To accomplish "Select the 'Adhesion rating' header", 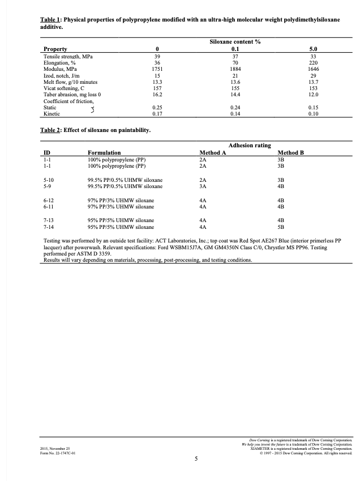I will (249, 146).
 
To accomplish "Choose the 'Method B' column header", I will (291, 153).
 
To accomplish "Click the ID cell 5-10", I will (49, 179).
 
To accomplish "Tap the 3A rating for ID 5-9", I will (203, 185).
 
